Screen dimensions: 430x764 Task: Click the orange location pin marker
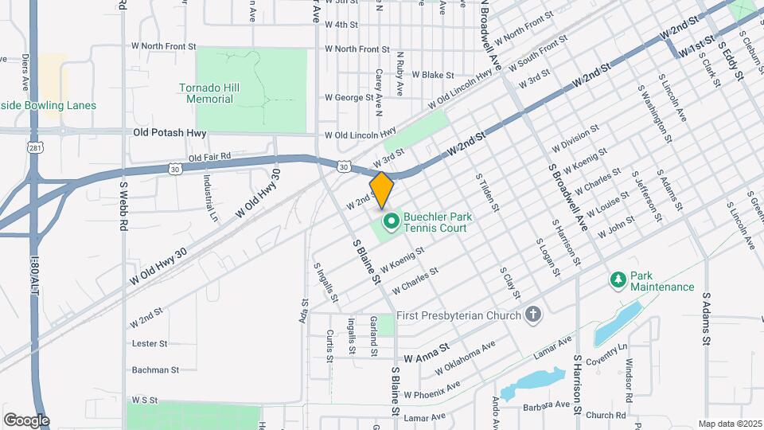coord(381,190)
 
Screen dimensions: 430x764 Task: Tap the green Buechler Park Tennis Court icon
coord(391,221)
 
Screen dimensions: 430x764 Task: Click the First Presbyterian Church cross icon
coord(534,315)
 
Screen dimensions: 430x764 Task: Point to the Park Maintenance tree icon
coord(618,280)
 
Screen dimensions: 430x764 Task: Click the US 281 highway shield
coord(33,147)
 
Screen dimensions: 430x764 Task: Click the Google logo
coord(26,420)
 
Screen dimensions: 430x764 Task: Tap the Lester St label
coord(150,344)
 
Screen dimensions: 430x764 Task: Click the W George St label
coord(349,98)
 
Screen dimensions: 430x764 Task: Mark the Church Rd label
coord(605,415)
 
